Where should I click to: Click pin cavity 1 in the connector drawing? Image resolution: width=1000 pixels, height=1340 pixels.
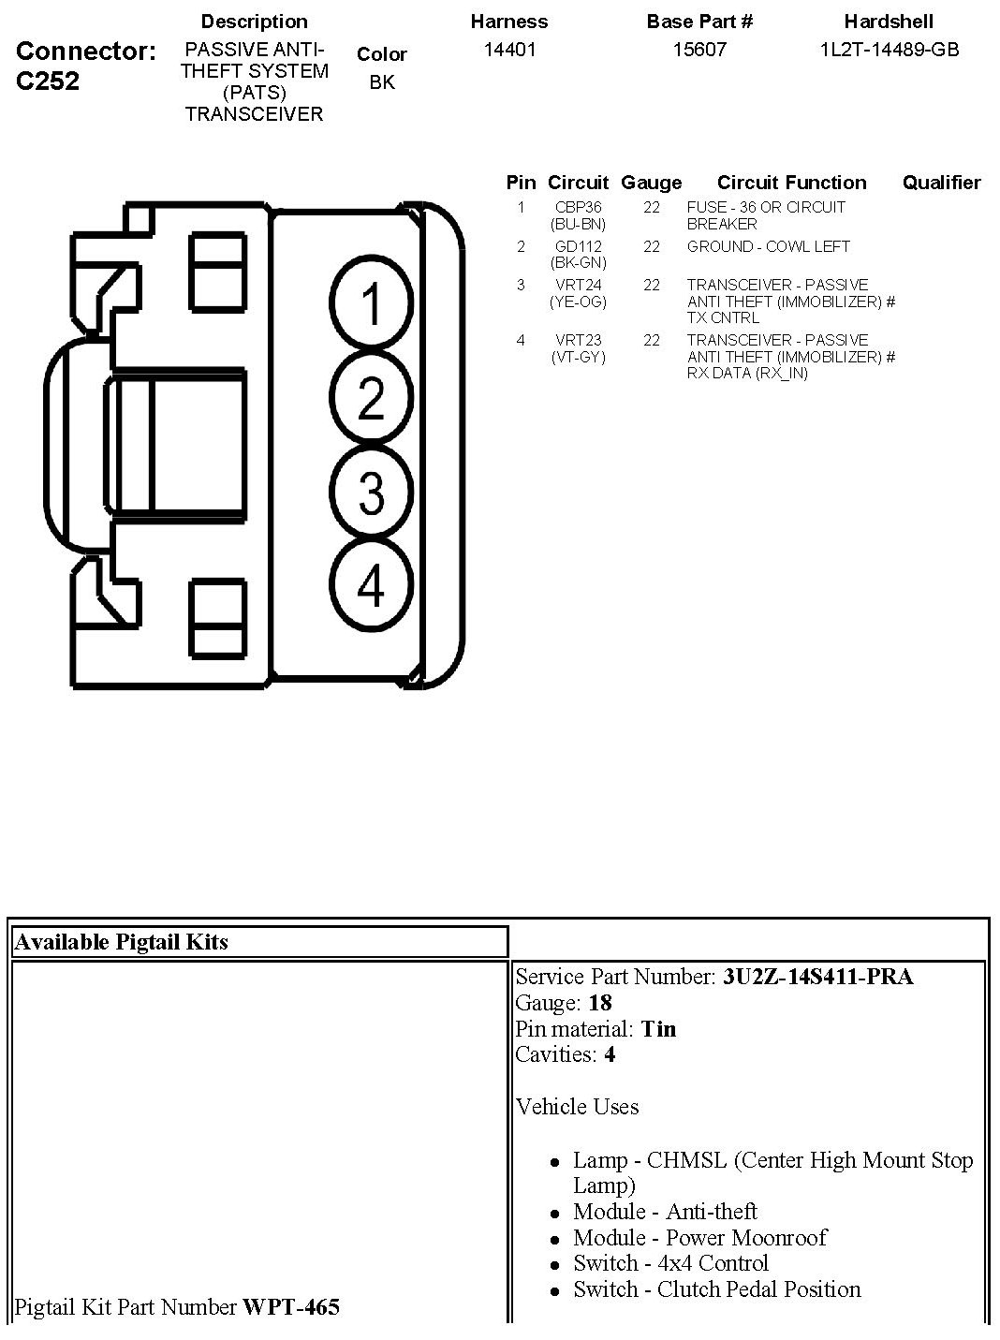pyautogui.click(x=372, y=304)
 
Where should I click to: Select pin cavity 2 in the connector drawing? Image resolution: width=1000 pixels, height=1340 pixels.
pyautogui.click(x=372, y=397)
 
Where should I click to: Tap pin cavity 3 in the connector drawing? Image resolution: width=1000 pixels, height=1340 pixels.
pyautogui.click(x=372, y=493)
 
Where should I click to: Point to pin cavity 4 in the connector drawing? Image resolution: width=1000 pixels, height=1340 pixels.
pyautogui.click(x=372, y=585)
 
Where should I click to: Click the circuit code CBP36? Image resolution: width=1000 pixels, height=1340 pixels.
pyautogui.click(x=578, y=207)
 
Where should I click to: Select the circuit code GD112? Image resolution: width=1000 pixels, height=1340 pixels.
pyautogui.click(x=578, y=246)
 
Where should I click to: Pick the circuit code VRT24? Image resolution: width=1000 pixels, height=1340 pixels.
pyautogui.click(x=578, y=285)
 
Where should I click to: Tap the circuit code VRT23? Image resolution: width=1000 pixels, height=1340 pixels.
pyautogui.click(x=578, y=340)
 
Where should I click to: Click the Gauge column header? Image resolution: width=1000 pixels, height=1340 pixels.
pyautogui.click(x=651, y=183)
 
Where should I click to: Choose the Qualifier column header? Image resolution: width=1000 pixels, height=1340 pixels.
pyautogui.click(x=941, y=183)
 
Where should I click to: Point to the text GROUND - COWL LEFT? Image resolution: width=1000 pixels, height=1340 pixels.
pyautogui.click(x=768, y=246)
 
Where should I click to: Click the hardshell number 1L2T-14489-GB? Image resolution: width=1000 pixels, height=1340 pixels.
pyautogui.click(x=889, y=50)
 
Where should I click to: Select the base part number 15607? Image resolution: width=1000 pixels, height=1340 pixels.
pyautogui.click(x=699, y=50)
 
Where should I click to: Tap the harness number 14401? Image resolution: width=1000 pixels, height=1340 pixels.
pyautogui.click(x=509, y=50)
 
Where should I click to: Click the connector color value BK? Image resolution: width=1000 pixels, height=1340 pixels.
pyautogui.click(x=382, y=82)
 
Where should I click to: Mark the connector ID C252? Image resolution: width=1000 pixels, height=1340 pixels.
pyautogui.click(x=48, y=81)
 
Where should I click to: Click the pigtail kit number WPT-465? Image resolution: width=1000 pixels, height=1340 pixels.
pyautogui.click(x=291, y=1306)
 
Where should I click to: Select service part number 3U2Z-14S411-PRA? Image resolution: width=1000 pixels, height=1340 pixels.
pyautogui.click(x=817, y=977)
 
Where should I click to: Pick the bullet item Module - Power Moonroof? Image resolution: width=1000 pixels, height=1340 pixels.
pyautogui.click(x=699, y=1237)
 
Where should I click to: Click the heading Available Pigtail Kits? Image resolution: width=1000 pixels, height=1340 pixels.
pyautogui.click(x=121, y=942)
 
